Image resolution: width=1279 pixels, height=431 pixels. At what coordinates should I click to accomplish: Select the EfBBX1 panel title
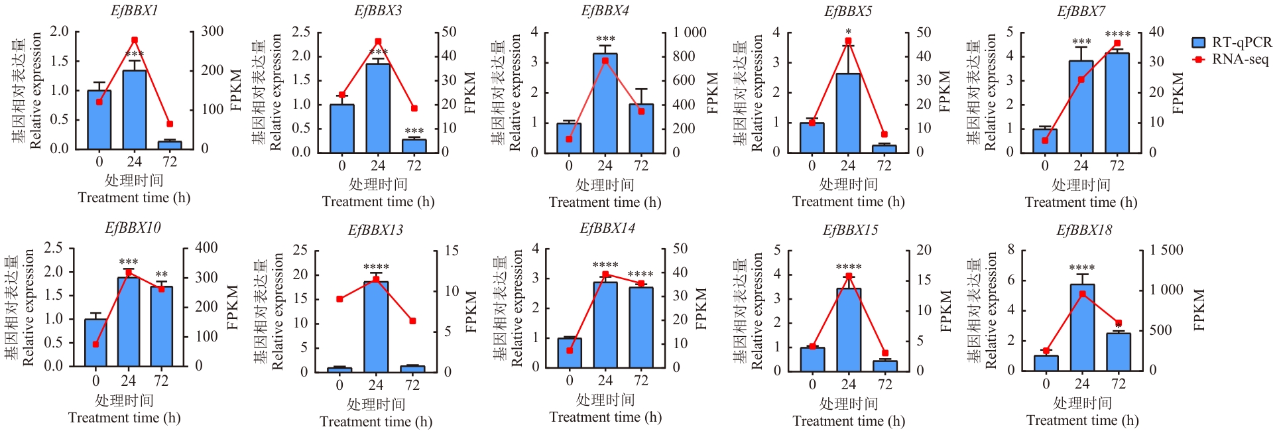point(134,11)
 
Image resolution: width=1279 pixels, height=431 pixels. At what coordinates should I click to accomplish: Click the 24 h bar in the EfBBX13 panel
point(376,326)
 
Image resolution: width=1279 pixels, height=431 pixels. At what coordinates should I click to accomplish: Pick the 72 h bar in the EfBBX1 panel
point(170,145)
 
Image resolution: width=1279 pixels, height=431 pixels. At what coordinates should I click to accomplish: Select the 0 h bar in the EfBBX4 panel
point(569,137)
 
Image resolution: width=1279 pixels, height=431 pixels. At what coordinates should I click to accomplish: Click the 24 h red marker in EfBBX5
point(848,41)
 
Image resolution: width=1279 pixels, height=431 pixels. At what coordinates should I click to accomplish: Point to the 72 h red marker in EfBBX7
point(1117,44)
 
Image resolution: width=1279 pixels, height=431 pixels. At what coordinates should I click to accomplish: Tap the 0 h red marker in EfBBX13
point(339,299)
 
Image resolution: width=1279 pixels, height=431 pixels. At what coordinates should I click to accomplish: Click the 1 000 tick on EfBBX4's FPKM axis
point(690,32)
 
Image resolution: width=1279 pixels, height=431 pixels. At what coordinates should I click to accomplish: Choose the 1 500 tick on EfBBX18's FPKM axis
point(1166,250)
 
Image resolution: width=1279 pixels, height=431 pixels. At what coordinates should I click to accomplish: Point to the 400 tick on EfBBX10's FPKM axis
point(206,247)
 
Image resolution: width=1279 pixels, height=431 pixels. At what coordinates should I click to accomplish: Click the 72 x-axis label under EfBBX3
point(414,165)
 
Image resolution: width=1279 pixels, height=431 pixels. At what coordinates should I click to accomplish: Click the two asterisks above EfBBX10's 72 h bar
point(161,275)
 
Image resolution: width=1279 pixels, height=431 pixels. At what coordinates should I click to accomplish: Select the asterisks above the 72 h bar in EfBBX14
point(640,274)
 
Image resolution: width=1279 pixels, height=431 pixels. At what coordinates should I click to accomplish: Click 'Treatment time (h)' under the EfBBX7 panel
point(1081,202)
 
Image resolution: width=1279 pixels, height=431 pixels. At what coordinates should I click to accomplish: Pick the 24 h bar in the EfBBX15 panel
point(849,330)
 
